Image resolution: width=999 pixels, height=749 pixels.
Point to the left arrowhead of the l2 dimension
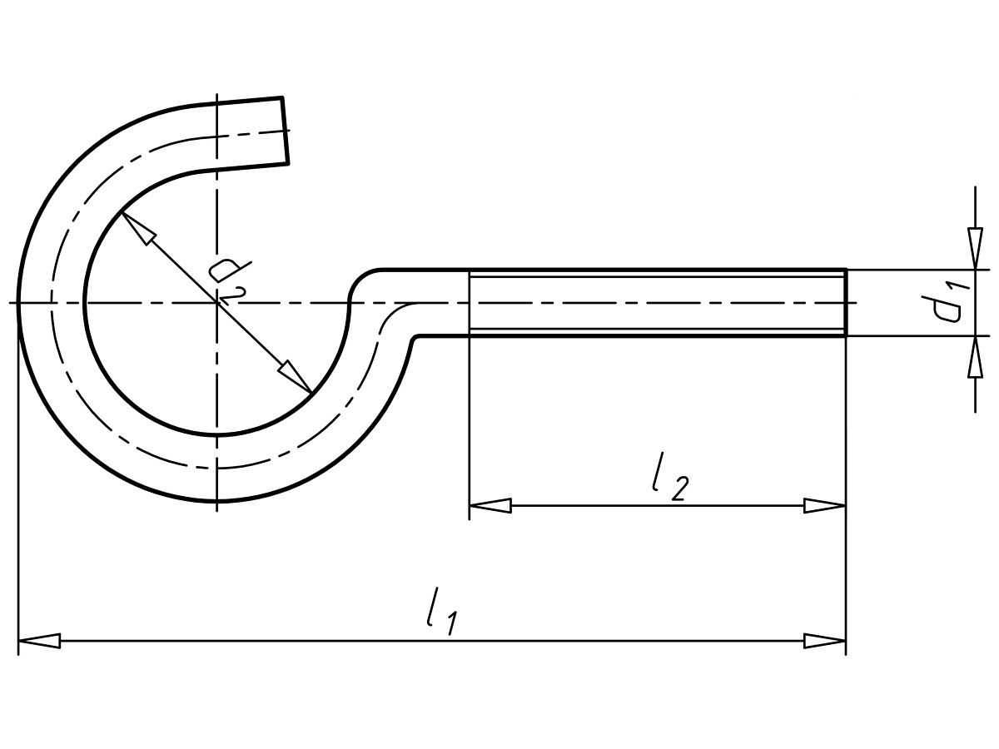click(x=490, y=505)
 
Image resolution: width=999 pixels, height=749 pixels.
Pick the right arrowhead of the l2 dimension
click(x=824, y=505)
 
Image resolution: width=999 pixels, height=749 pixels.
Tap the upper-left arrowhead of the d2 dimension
click(x=138, y=228)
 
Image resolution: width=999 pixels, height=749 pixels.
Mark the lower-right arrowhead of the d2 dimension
click(x=296, y=377)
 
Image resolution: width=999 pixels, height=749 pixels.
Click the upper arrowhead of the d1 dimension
click(x=975, y=249)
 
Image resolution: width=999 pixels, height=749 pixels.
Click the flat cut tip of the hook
click(x=286, y=131)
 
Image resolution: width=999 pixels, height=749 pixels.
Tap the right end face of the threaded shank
click(x=846, y=303)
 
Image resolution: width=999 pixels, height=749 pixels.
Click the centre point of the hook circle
click(x=216, y=303)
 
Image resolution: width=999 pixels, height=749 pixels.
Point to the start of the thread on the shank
click(x=470, y=303)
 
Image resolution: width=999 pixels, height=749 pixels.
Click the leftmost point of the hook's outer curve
click(x=18, y=303)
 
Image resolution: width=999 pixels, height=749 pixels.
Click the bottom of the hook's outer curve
click(x=216, y=502)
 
